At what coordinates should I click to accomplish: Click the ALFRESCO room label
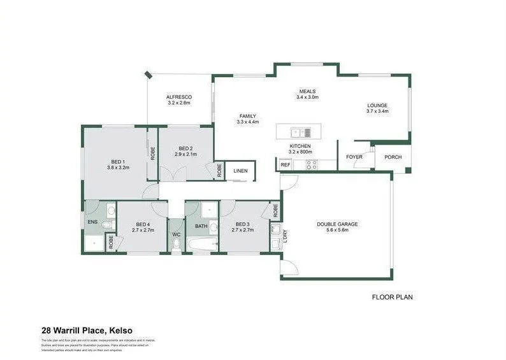[x=179, y=97]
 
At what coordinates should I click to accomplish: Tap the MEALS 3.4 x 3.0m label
[x=307, y=91]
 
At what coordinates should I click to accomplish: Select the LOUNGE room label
[x=377, y=106]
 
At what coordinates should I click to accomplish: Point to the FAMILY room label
[x=248, y=116]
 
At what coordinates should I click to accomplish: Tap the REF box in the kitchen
[x=285, y=165]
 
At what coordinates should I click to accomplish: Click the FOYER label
[x=354, y=157]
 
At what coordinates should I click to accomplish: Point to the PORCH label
[x=393, y=157]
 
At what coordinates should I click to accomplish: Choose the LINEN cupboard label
[x=240, y=171]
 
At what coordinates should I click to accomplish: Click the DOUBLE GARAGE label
[x=338, y=224]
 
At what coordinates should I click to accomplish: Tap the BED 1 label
[x=119, y=162]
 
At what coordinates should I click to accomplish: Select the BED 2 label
[x=185, y=147]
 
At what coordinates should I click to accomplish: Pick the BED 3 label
[x=242, y=224]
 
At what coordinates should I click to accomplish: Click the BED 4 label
[x=143, y=224]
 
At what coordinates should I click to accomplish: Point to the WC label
[x=177, y=234]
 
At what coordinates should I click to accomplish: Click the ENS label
[x=92, y=222]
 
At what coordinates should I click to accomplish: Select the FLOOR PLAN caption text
[x=397, y=297]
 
